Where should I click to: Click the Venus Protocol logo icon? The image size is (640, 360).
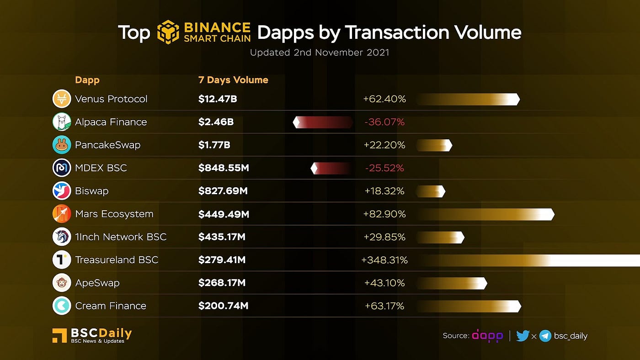62,99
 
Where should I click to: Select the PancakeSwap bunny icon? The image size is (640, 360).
62,145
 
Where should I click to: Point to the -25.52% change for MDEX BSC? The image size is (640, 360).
384,168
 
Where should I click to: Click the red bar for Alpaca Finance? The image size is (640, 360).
323,122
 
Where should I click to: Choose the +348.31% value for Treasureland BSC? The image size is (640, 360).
384,260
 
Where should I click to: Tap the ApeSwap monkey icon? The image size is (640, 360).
62,283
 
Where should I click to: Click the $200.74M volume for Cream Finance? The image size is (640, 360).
223,306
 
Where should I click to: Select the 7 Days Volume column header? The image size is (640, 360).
233,80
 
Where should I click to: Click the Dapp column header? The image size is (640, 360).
87,80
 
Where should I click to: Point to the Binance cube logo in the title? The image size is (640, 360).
168,32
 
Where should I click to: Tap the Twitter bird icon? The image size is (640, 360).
523,336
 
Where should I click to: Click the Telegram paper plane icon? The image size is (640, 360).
545,336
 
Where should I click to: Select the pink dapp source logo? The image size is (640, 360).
487,336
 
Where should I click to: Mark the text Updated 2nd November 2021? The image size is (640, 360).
320,53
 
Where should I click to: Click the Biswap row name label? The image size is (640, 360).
91,191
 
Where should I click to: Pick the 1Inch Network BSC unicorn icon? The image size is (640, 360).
62,237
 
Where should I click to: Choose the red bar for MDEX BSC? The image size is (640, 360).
331,168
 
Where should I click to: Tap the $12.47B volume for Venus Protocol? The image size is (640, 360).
218,99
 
